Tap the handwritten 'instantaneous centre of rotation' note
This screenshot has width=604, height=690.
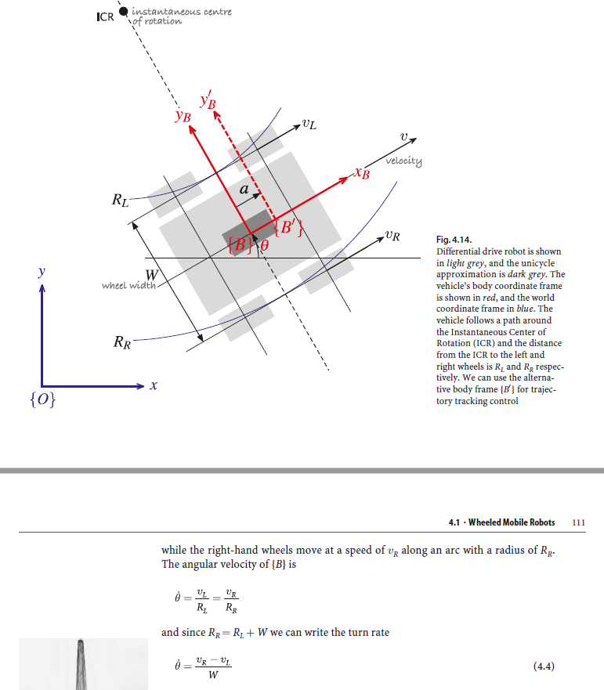pos(181,16)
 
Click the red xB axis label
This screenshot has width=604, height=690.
pos(361,173)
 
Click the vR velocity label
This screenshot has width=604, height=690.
pos(392,236)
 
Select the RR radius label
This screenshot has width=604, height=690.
pos(122,342)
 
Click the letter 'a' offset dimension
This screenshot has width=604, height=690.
pos(244,190)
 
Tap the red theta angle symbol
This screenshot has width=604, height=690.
pos(264,245)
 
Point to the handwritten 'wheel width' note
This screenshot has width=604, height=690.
pos(130,285)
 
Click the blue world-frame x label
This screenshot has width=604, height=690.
pos(154,386)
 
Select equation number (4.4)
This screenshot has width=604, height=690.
pos(543,666)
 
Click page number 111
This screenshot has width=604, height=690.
pos(579,522)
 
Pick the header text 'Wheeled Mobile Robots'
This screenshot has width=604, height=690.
pos(512,522)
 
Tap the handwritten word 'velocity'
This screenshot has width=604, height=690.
pos(403,161)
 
